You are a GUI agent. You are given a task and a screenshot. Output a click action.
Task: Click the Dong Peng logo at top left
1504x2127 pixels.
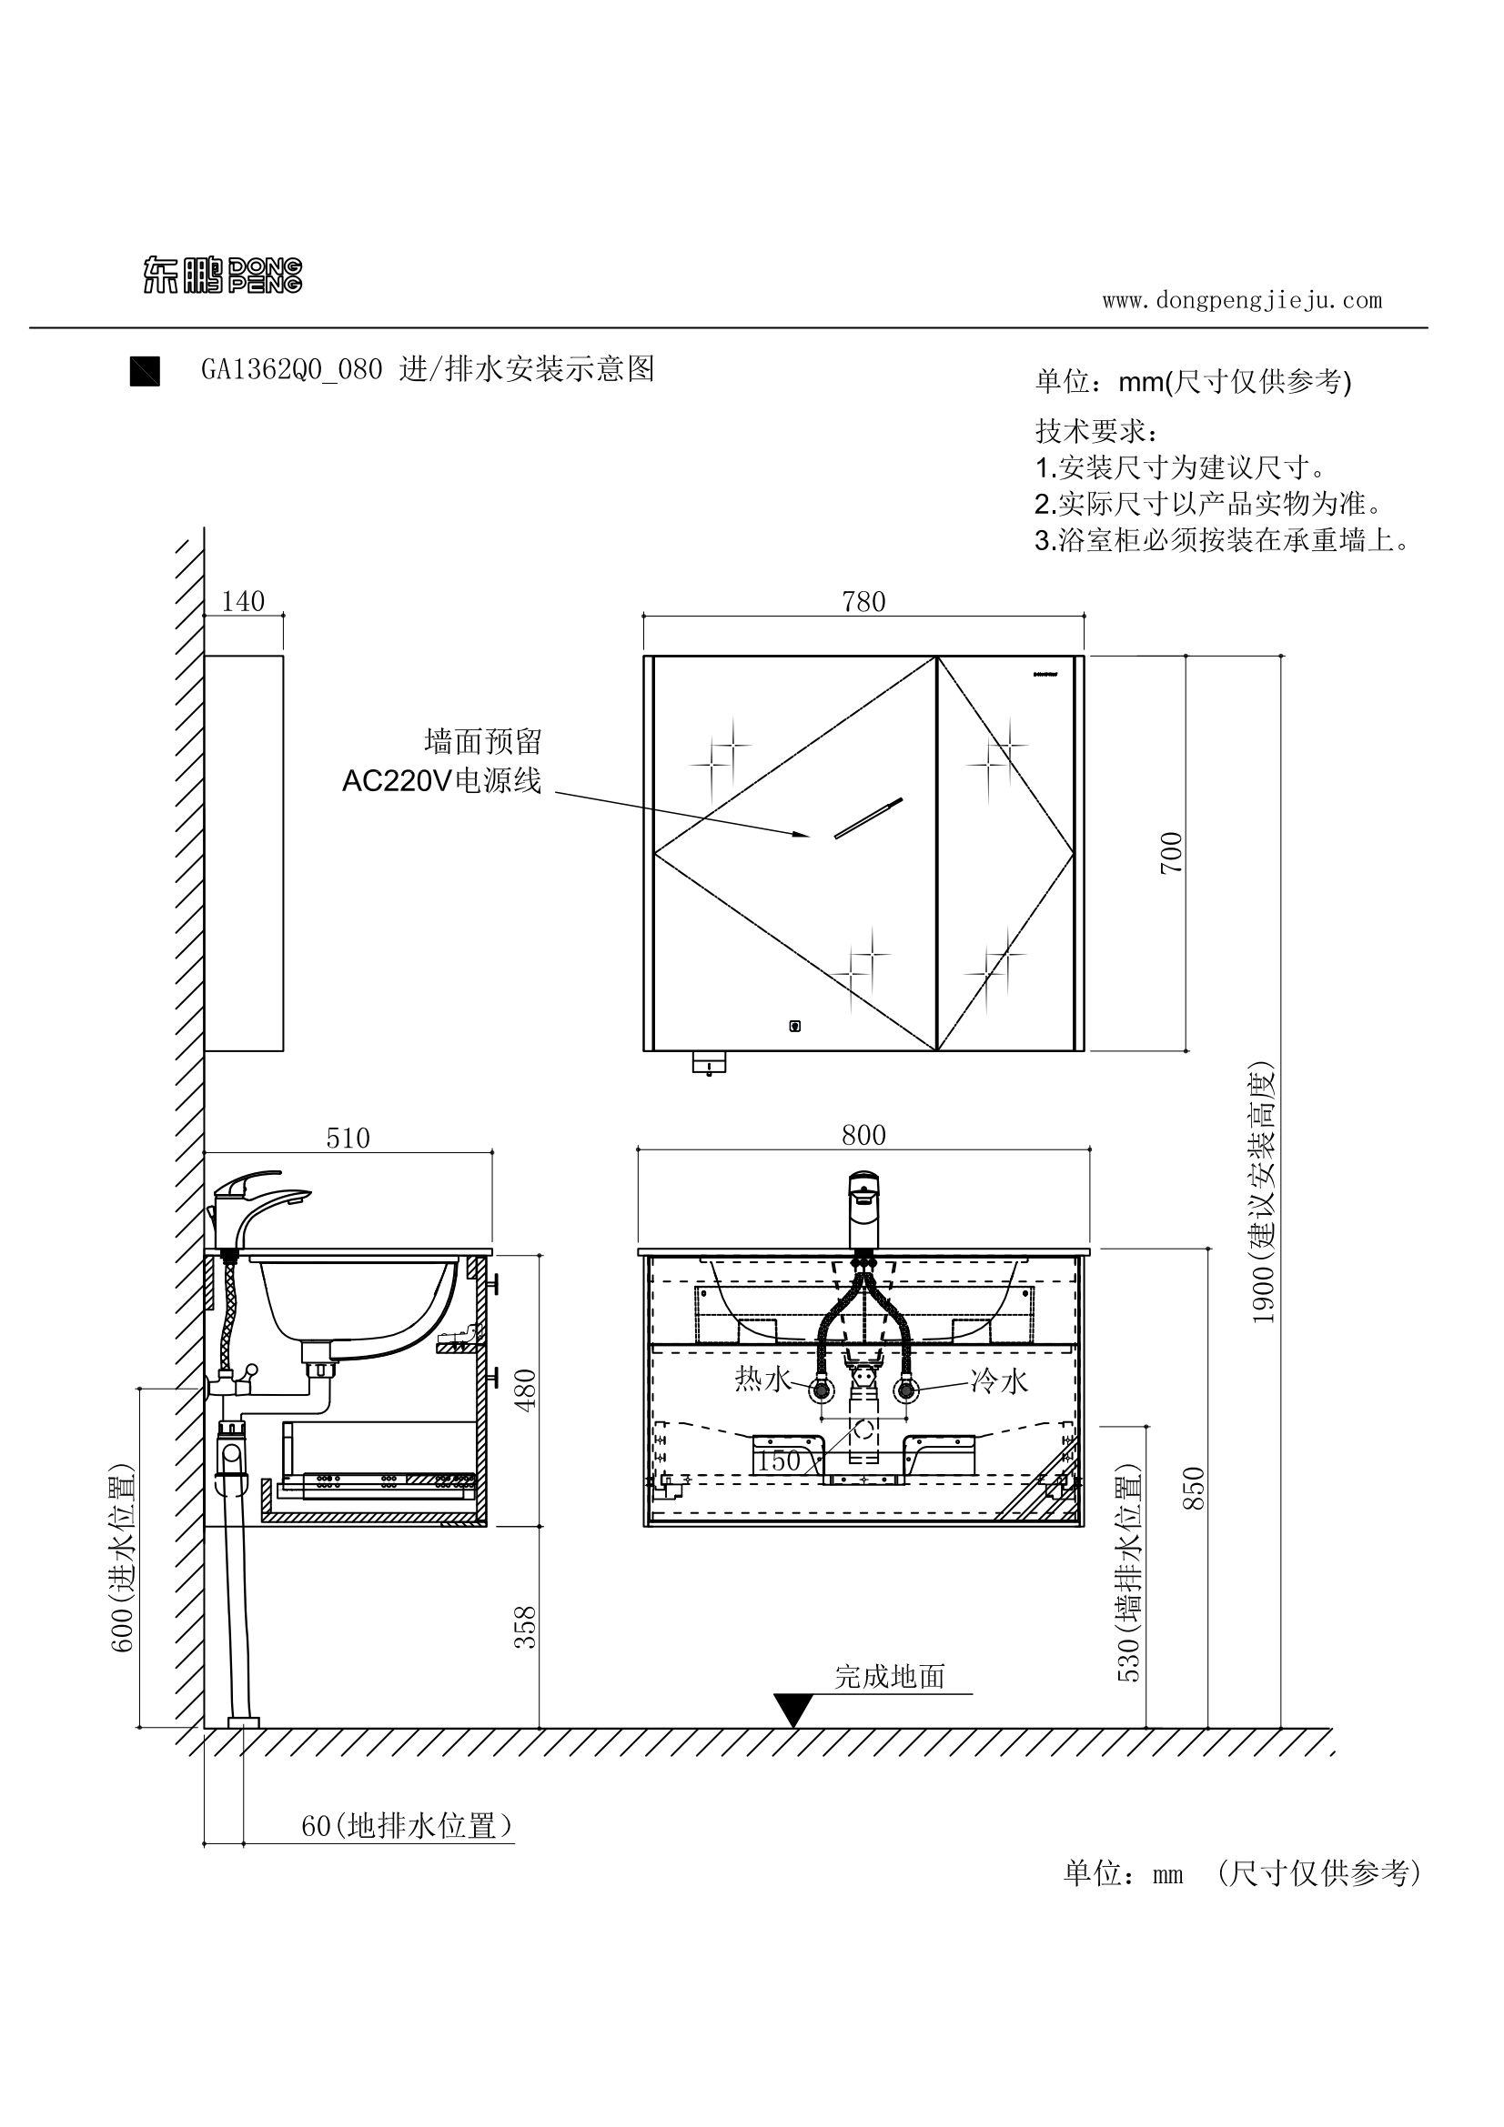pos(222,276)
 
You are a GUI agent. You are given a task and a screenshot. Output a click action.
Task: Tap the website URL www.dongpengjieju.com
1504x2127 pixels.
pos(1242,300)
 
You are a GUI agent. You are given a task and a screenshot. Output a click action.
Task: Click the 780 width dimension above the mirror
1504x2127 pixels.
pos(863,602)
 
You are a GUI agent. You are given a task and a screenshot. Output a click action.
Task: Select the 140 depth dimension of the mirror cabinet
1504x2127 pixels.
pos(243,601)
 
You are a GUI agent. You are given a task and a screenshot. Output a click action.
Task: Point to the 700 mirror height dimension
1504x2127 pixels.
pos(1172,852)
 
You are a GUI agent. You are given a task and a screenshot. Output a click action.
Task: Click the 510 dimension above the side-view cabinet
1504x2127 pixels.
pos(348,1139)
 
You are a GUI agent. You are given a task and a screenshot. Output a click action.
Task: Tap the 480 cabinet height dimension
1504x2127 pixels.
pos(525,1390)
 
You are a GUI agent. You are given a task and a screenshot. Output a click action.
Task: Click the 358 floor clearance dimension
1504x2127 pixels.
pos(525,1628)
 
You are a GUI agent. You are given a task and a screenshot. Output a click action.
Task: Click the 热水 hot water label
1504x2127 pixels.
pos(762,1380)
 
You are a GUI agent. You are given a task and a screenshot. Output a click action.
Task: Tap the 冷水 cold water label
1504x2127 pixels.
pos(999,1381)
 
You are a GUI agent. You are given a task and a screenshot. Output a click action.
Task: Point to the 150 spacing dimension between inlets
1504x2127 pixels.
pos(779,1462)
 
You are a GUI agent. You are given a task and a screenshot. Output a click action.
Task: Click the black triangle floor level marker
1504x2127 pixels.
pos(793,1709)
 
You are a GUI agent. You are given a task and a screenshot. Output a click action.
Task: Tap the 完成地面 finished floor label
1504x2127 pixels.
pos(890,1677)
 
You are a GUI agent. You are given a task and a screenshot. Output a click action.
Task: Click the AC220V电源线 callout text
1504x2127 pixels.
pos(441,782)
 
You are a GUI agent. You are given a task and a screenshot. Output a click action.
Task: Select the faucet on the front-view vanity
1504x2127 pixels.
pos(863,1209)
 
